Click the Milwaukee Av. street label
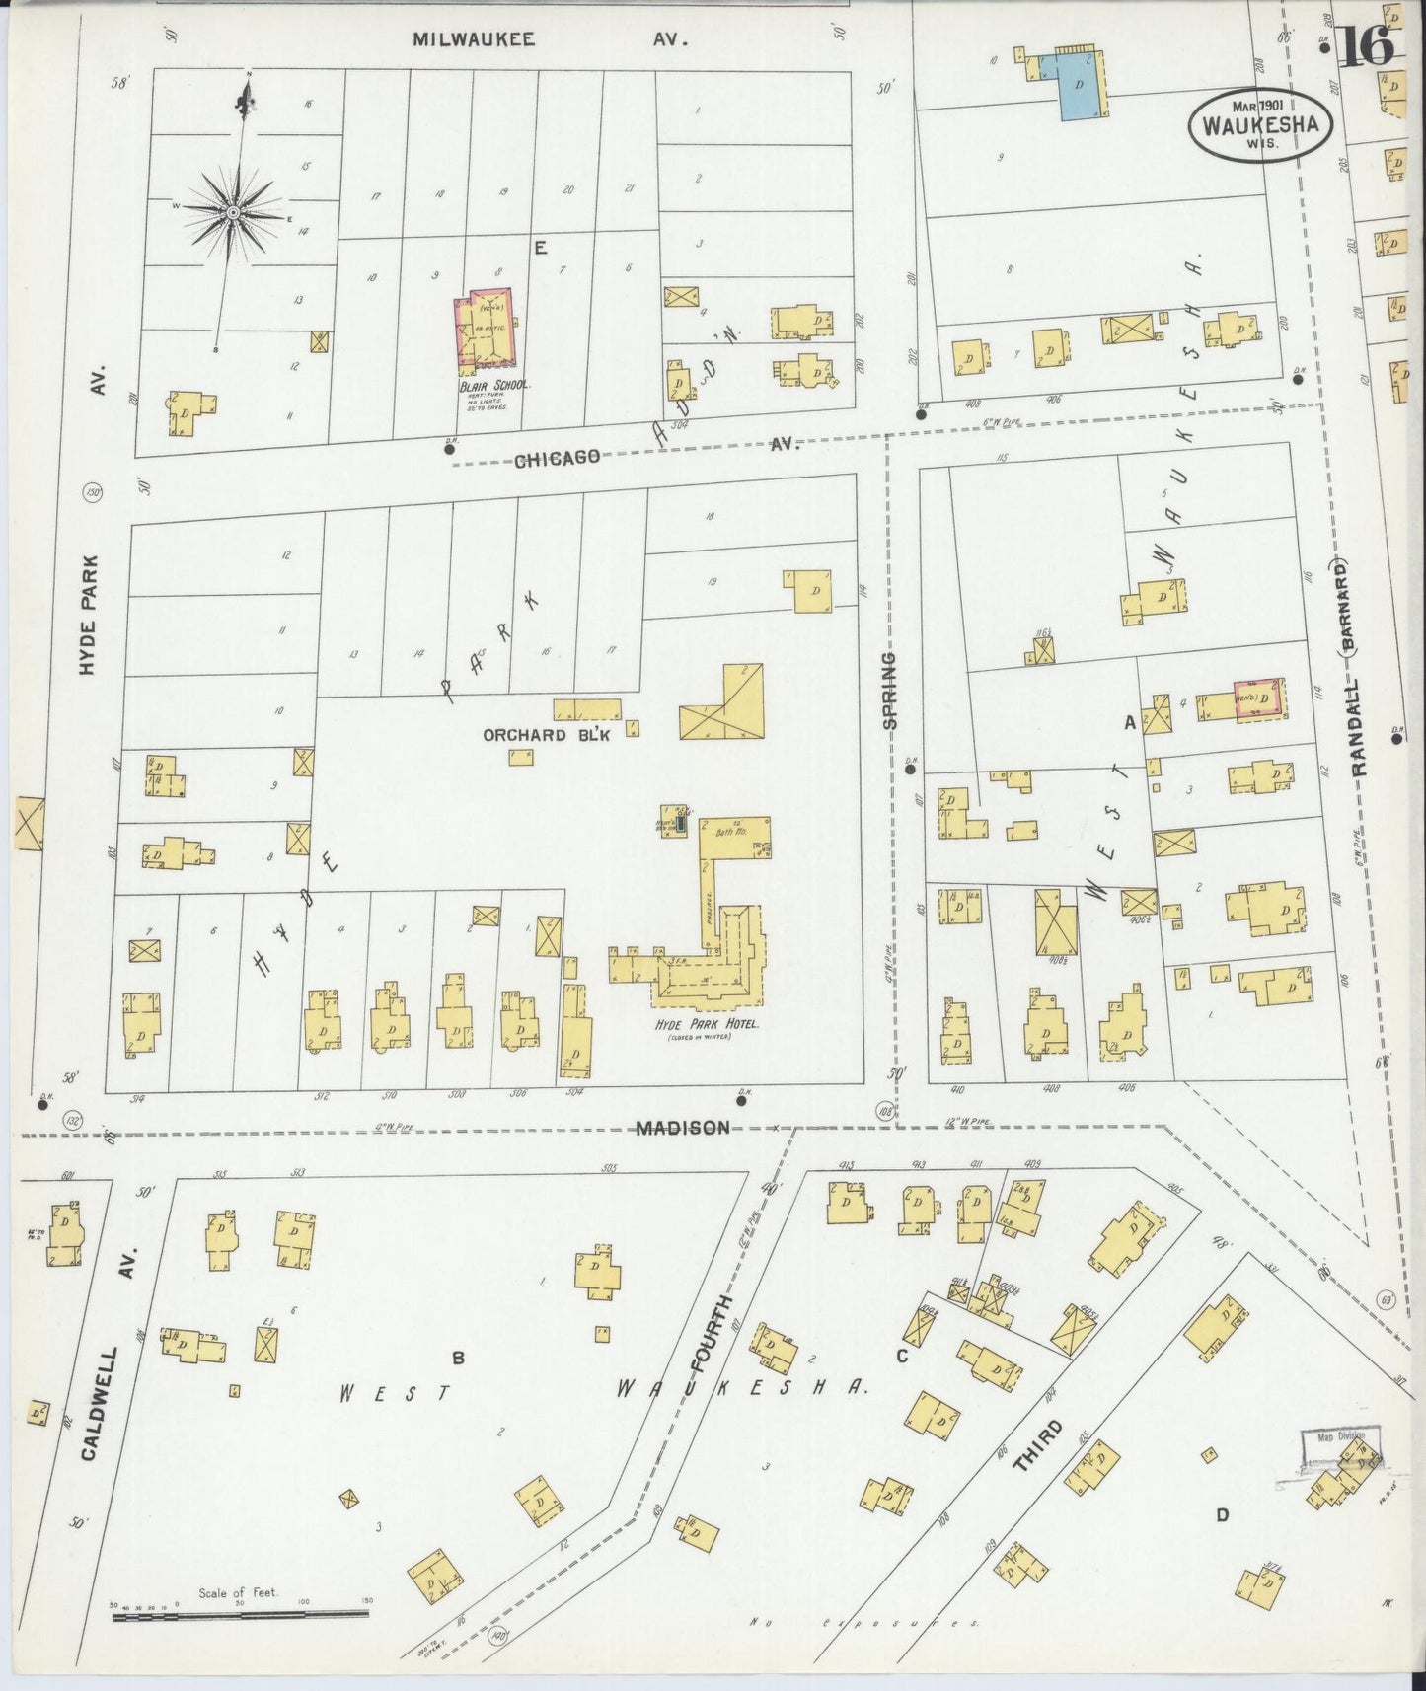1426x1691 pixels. click(549, 39)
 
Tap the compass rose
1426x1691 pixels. click(233, 212)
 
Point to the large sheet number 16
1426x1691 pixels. click(1366, 44)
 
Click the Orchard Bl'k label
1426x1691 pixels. click(524, 734)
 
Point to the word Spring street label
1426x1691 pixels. click(890, 690)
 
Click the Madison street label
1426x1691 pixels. click(682, 1128)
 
